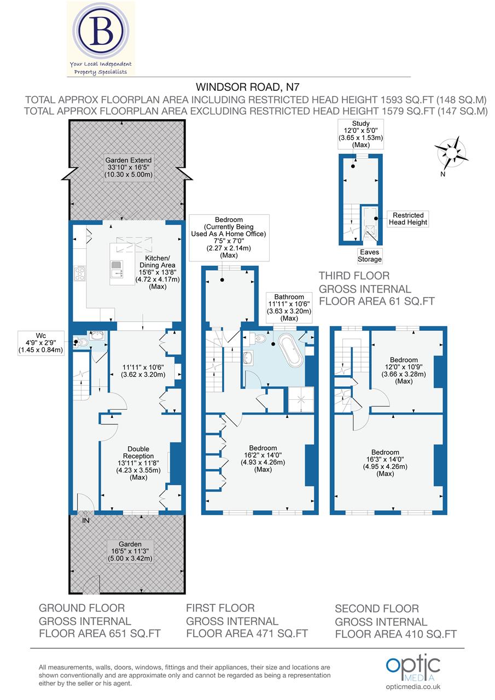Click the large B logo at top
click(101, 33)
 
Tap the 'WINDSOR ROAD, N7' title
click(248, 87)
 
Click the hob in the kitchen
click(80, 272)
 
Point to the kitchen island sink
click(117, 271)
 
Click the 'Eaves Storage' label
click(370, 255)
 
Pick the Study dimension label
click(360, 135)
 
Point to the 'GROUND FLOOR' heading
click(82, 608)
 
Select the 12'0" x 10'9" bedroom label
click(404, 371)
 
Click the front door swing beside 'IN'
click(85, 502)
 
